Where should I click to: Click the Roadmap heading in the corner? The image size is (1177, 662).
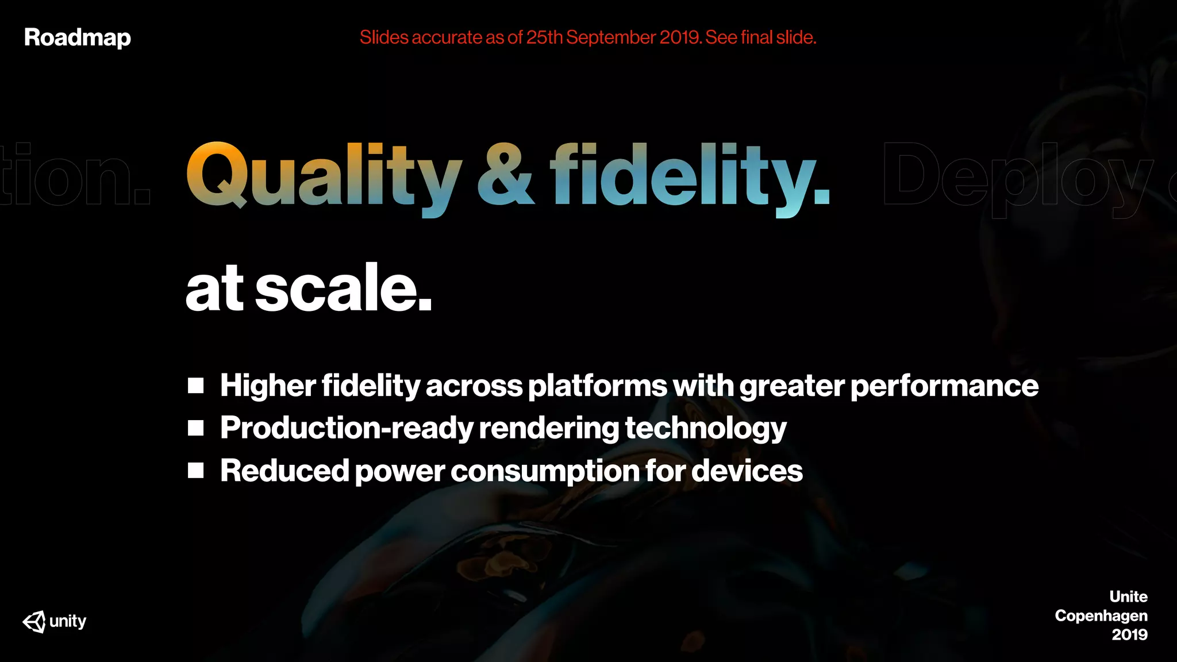(x=78, y=38)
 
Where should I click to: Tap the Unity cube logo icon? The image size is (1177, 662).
(x=34, y=621)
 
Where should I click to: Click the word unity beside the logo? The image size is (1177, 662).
(x=68, y=621)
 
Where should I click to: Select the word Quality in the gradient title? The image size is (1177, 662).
(x=324, y=175)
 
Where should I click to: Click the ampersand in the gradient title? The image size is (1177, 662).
(x=506, y=175)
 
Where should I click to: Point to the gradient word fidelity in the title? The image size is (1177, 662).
(x=690, y=175)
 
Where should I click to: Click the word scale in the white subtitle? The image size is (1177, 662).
(x=343, y=288)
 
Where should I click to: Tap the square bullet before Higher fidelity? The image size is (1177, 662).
(x=196, y=386)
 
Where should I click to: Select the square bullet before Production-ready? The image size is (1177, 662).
(x=196, y=428)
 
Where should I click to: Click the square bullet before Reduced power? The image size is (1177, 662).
(x=196, y=471)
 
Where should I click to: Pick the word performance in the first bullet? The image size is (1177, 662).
(x=944, y=386)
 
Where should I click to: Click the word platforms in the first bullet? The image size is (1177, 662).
(x=597, y=386)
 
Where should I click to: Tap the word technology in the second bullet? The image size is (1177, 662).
(x=706, y=429)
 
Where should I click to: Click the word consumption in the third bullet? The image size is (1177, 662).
(x=545, y=471)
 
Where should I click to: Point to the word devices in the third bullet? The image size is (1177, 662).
(x=747, y=471)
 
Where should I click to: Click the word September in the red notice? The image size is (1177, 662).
(x=611, y=38)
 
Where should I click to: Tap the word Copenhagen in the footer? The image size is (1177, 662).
(x=1101, y=616)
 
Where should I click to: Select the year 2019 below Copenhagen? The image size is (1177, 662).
(x=1129, y=635)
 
